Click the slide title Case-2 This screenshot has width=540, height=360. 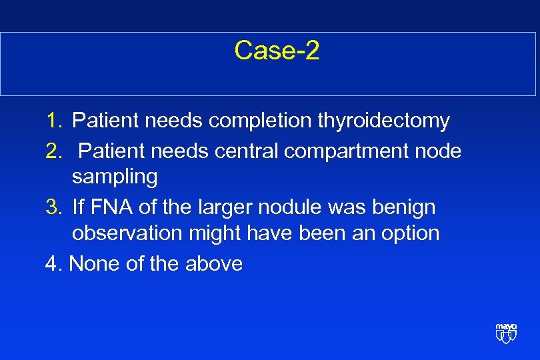(x=277, y=51)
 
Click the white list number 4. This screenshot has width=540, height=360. (x=53, y=264)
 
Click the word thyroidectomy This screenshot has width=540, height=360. (x=383, y=121)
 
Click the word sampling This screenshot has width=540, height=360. (x=115, y=177)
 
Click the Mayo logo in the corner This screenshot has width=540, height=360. (x=506, y=332)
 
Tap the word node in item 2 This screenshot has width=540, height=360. (x=438, y=151)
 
